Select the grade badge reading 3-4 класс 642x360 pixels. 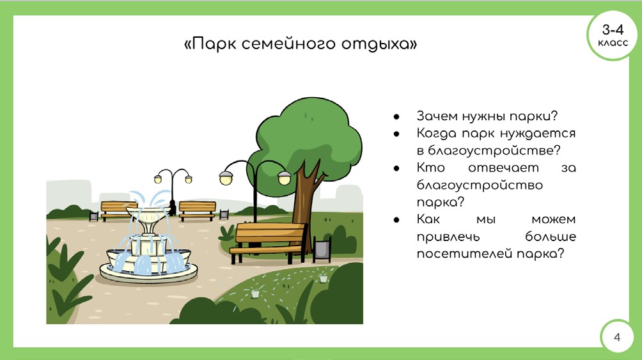pos(613,36)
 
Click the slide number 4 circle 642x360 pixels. pos(617,337)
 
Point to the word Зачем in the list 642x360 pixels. pos(437,116)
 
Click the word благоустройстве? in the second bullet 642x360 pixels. pos(489,150)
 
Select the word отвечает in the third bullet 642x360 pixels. pos(503,168)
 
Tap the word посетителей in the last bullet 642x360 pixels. pos(465,254)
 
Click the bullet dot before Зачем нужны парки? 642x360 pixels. pos(396,117)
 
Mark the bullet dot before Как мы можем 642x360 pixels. pos(396,220)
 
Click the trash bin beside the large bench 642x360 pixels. pos(322,249)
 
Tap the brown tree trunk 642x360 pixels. pos(306,205)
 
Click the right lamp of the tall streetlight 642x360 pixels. pos(284,178)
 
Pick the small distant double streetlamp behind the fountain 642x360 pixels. pos(173,191)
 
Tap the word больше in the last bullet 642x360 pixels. pos(551,237)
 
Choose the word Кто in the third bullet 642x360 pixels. pos(430,168)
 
